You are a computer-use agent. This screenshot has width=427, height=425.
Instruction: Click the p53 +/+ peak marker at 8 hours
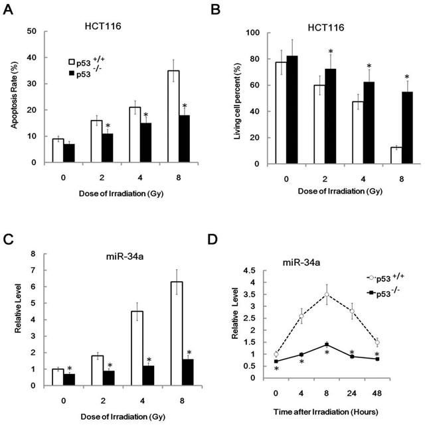tap(326, 294)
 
